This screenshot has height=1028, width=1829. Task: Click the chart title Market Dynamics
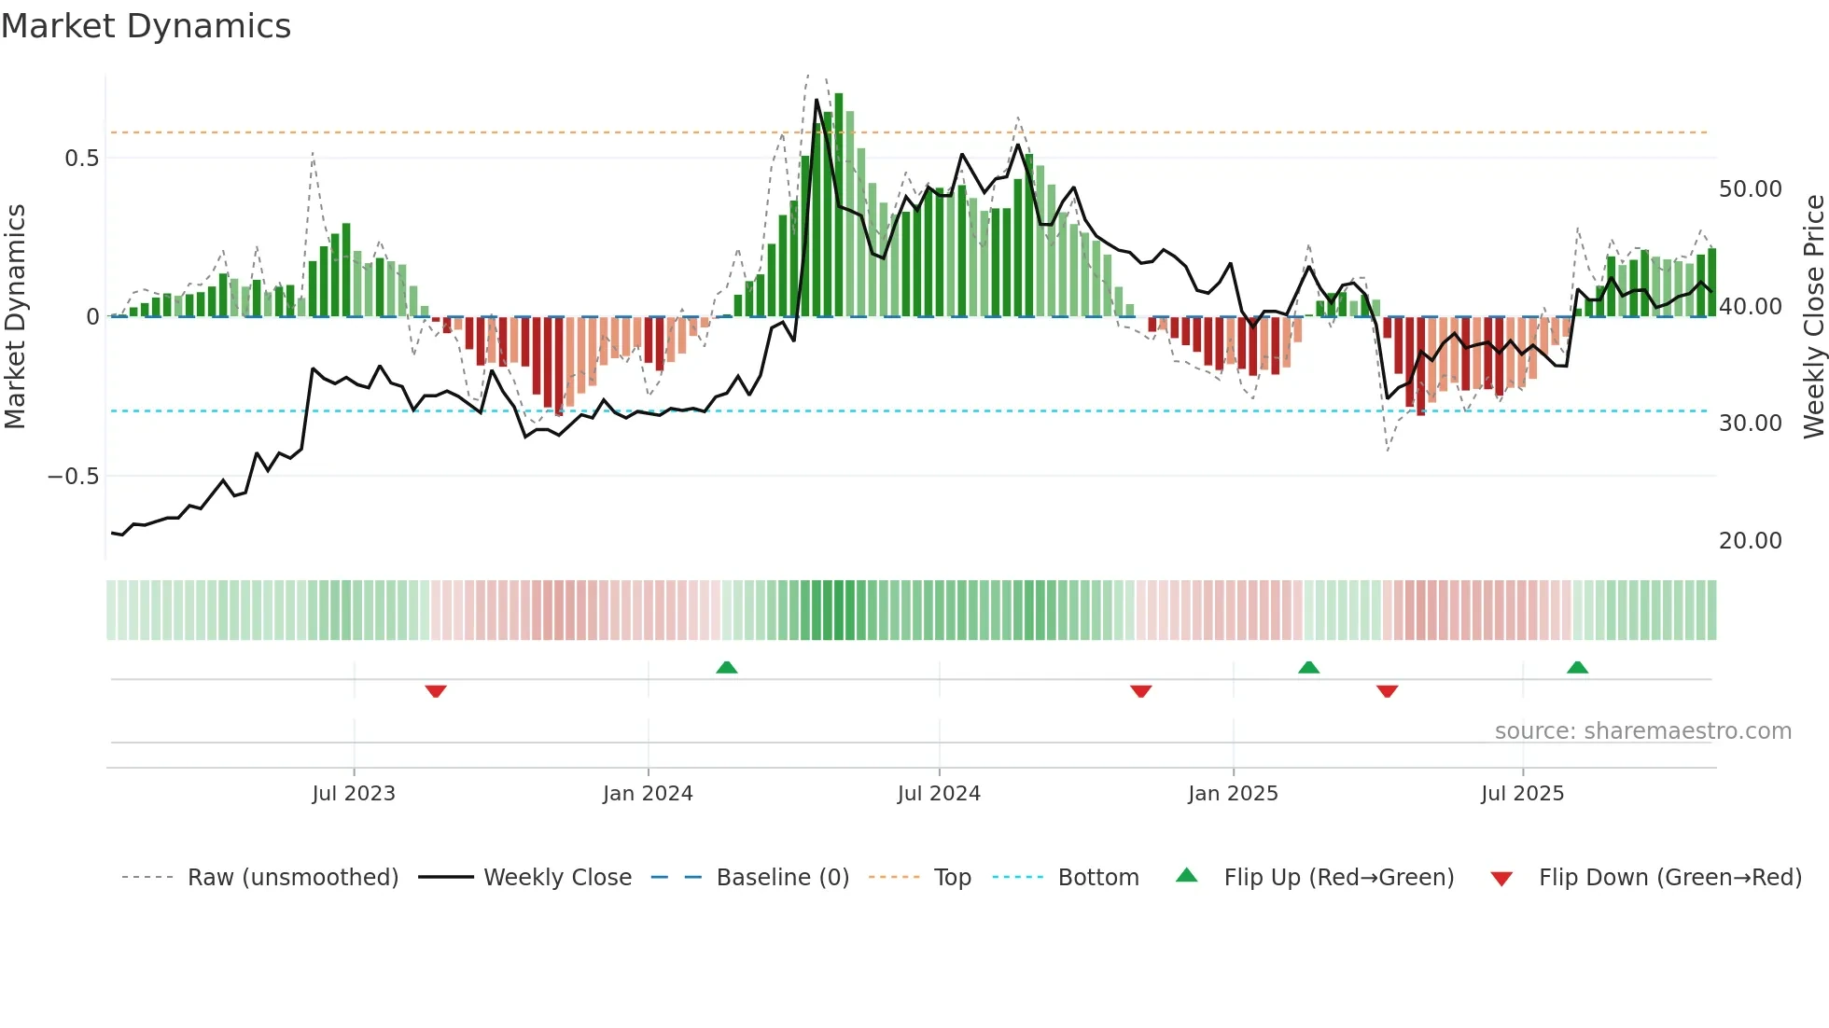146,26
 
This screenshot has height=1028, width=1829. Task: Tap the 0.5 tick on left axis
81,159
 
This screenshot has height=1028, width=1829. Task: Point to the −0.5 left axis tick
73,477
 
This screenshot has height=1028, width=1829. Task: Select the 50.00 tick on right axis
1750,189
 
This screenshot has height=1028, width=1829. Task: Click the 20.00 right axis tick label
1750,541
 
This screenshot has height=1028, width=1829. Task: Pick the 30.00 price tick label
1750,424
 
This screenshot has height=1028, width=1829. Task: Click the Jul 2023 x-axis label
354,794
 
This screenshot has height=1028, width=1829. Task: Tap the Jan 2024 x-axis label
648,794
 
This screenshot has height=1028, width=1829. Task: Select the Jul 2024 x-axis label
939,794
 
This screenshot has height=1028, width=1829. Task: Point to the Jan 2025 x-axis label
1233,794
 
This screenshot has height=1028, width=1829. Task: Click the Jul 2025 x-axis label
1522,794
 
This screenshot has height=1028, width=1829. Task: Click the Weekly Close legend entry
557,878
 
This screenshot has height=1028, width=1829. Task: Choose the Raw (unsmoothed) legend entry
292,878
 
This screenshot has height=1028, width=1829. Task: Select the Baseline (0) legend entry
782,878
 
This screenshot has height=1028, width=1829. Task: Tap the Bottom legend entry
1097,878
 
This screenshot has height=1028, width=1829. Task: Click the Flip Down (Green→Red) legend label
1669,878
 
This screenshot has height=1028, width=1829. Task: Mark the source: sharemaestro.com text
1642,731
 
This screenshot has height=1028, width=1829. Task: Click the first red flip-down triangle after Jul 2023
436,691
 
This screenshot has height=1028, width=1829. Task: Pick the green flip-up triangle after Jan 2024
727,667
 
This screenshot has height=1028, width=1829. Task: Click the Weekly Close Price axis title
1813,316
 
